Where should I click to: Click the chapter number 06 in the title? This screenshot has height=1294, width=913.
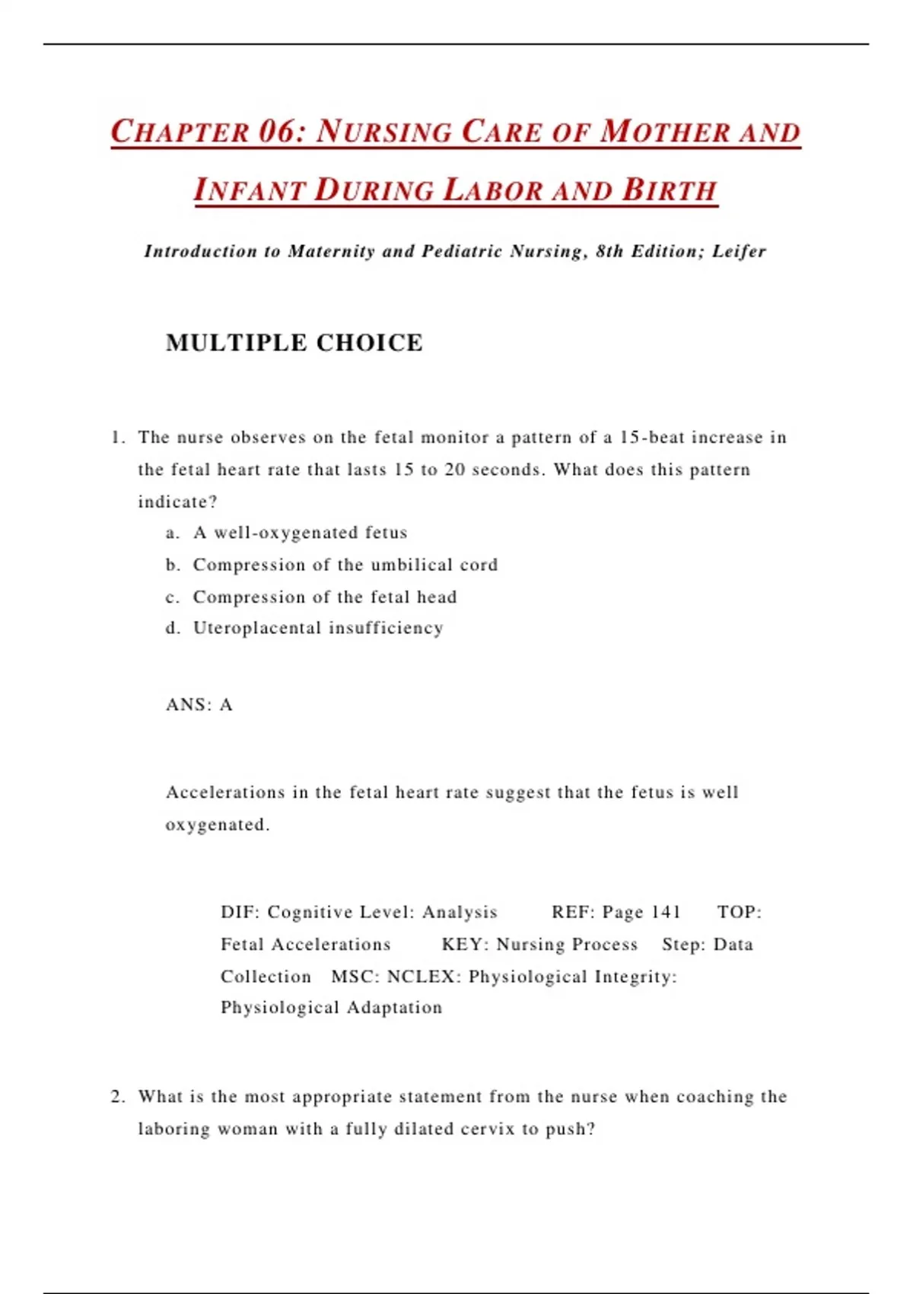click(x=277, y=132)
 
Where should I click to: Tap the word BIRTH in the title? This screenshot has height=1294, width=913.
click(x=670, y=190)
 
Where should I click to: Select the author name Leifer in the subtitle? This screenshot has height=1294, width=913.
click(x=739, y=251)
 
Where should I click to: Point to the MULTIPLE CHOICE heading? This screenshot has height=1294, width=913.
click(x=294, y=343)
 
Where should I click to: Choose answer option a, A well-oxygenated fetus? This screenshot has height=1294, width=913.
click(x=300, y=533)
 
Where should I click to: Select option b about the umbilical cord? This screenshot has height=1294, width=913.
click(x=345, y=565)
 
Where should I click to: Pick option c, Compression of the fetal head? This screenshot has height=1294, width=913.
click(x=324, y=597)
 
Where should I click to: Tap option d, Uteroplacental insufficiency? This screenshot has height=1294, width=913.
click(x=317, y=628)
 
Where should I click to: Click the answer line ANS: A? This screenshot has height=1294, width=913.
click(x=199, y=705)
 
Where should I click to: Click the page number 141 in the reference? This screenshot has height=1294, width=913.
click(x=666, y=912)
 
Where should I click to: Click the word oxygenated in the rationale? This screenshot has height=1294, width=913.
click(x=216, y=825)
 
